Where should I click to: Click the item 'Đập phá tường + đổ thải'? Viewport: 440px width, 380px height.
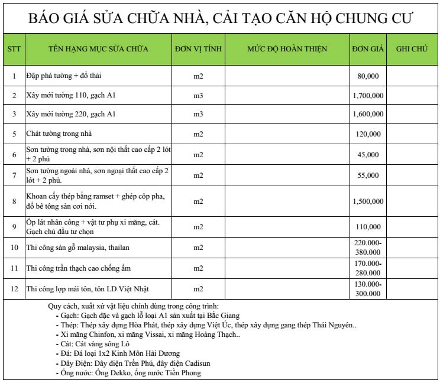60,76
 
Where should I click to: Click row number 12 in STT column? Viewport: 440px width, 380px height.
14,288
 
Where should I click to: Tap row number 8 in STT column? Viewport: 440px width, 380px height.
14,201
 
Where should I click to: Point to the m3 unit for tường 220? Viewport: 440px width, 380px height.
198,113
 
